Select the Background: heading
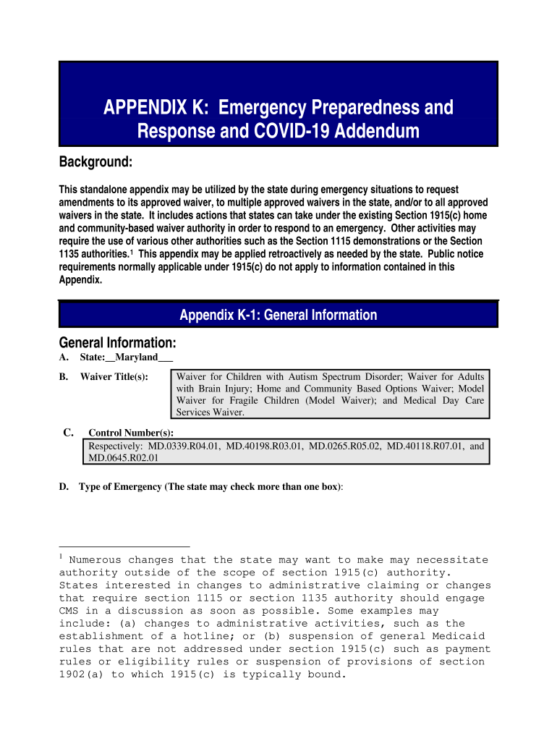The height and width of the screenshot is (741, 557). point(95,164)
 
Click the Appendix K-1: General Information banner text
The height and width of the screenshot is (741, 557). point(278,315)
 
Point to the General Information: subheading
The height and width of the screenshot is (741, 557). point(117,342)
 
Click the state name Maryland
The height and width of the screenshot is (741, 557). point(137,357)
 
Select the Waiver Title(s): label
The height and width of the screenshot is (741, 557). point(114,377)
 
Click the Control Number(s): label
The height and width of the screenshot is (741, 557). point(131,433)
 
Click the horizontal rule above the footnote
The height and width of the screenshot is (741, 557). point(124,546)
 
